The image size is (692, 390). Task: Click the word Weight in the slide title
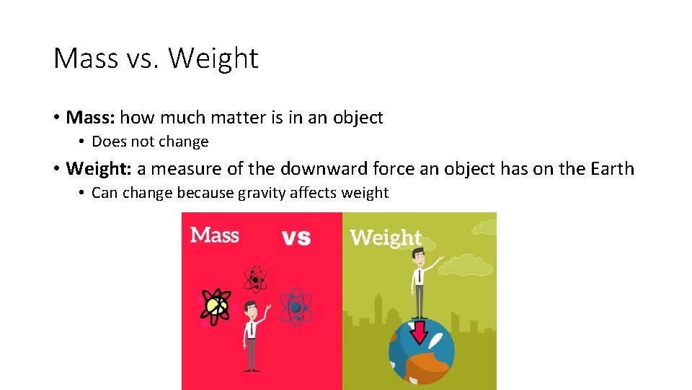pyautogui.click(x=213, y=58)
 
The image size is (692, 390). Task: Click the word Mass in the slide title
pyautogui.click(x=84, y=58)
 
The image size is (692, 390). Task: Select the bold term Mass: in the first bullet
pyautogui.click(x=90, y=117)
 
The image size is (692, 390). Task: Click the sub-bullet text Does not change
pyautogui.click(x=150, y=142)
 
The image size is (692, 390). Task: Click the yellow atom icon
pyautogui.click(x=216, y=306)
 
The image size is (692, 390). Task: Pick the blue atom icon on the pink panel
pyautogui.click(x=295, y=307)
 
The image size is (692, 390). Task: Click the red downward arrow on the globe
pyautogui.click(x=419, y=331)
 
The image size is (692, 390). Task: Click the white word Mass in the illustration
pyautogui.click(x=214, y=235)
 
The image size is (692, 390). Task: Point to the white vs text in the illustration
pyautogui.click(x=295, y=237)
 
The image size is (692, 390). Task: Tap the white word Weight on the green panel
pyautogui.click(x=386, y=238)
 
